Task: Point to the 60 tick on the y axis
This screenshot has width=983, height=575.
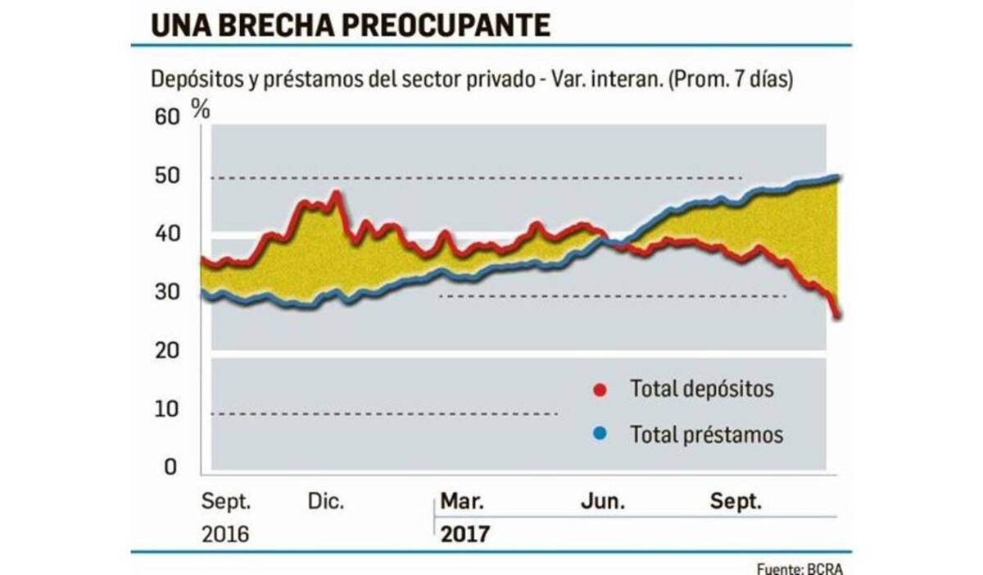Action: pyautogui.click(x=165, y=117)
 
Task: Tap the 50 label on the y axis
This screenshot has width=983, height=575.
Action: pyautogui.click(x=165, y=176)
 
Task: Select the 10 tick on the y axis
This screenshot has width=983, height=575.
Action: pyautogui.click(x=165, y=408)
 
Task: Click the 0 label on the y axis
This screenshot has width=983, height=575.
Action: pyautogui.click(x=170, y=467)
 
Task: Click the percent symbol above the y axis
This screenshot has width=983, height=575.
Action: pyautogui.click(x=200, y=107)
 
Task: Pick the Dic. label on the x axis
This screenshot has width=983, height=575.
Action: pyautogui.click(x=328, y=501)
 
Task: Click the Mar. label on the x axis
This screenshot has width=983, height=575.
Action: pyautogui.click(x=462, y=501)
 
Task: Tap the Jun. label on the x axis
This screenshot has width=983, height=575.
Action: pyautogui.click(x=604, y=501)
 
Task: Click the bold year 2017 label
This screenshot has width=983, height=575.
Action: pyautogui.click(x=464, y=535)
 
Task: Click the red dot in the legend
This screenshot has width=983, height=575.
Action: pyautogui.click(x=600, y=389)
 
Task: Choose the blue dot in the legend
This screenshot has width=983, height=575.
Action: pyautogui.click(x=600, y=434)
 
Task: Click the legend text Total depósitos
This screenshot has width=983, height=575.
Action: pyautogui.click(x=701, y=389)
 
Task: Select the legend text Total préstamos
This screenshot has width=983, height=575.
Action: pyautogui.click(x=706, y=434)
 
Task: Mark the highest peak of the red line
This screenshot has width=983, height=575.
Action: pyautogui.click(x=335, y=194)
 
